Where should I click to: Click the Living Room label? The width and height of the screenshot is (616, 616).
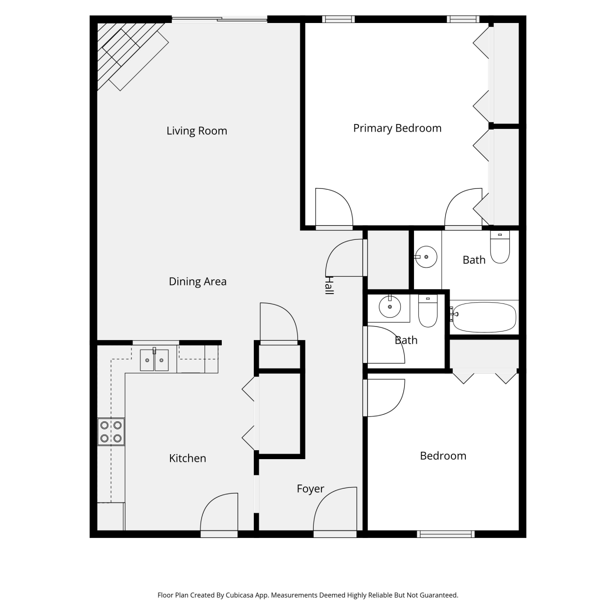coord(197,131)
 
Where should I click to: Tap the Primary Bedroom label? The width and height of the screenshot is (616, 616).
coord(397,128)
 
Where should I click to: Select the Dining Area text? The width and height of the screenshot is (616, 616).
coord(198,281)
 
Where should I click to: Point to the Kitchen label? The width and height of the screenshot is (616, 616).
coord(187,458)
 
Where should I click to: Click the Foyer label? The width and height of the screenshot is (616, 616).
coord(310,489)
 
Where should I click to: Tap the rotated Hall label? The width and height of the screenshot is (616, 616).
coord(329,285)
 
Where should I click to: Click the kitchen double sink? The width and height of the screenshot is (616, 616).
coord(154,360)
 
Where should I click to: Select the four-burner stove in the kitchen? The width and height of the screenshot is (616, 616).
coord(111,432)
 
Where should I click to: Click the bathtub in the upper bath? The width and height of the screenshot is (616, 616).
coord(483,317)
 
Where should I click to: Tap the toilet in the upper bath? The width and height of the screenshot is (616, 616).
coord(500,247)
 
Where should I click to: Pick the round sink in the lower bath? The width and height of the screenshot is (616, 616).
coord(390,306)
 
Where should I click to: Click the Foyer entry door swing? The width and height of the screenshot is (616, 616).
coord(335,509)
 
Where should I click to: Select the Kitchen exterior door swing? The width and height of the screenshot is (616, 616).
coord(219,512)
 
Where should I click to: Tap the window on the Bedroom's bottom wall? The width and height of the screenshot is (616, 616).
coord(446,534)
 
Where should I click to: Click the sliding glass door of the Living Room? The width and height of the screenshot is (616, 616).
coord(219,19)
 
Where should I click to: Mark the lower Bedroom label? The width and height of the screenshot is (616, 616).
coord(443,455)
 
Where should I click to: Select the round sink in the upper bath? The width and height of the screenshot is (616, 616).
coord(426,257)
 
